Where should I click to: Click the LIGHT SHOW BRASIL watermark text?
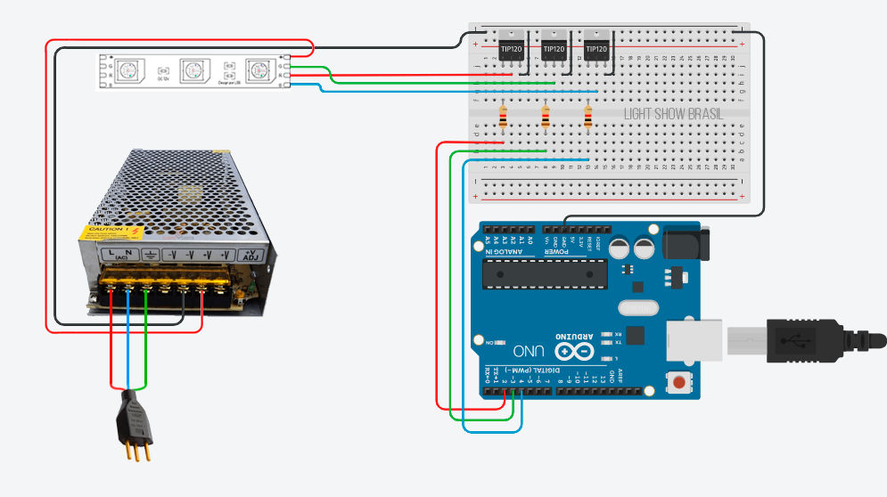pyautogui.click(x=673, y=115)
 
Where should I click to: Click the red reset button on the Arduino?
pyautogui.click(x=679, y=383)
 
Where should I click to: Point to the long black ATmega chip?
pyautogui.click(x=544, y=275)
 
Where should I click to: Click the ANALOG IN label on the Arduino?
pyautogui.click(x=503, y=253)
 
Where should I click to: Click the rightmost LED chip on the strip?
pyautogui.click(x=259, y=69)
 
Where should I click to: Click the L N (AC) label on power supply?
pyautogui.click(x=119, y=256)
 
